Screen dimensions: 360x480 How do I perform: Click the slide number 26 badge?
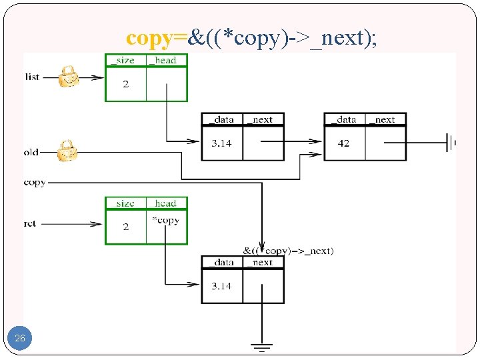coord(20,339)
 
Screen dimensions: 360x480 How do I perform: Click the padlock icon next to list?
coord(68,77)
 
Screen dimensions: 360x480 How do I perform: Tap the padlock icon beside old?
coord(67,151)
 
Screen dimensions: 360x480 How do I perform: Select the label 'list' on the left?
coord(32,77)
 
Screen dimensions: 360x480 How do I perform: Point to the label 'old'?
coord(31,152)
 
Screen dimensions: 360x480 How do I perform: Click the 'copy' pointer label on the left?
coord(35,182)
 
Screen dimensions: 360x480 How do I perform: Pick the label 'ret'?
coord(30,224)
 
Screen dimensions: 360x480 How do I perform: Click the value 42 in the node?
coord(343,143)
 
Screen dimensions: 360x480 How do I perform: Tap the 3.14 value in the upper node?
coord(221,143)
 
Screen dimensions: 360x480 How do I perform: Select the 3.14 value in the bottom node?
coord(221,286)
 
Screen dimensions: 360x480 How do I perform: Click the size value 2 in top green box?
coord(125,84)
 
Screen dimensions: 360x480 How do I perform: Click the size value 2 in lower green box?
coord(125,227)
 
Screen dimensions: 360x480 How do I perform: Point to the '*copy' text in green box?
coord(165,221)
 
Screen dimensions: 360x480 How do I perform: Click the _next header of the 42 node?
coord(385,120)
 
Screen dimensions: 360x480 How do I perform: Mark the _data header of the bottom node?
coord(221,263)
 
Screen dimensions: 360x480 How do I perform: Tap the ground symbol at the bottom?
coord(262,347)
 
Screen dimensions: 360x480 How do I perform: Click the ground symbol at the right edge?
coord(451,142)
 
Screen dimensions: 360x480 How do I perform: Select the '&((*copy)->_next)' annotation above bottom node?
coord(288,251)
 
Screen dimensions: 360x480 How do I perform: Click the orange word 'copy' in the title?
coord(149,39)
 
